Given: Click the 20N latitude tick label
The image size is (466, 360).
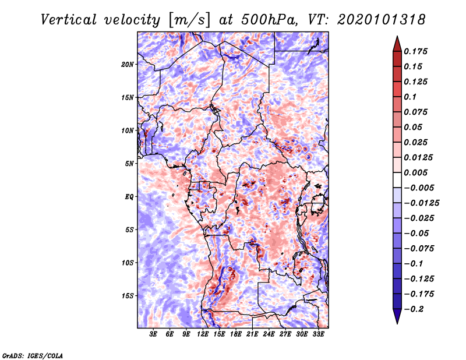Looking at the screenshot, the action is (128, 65).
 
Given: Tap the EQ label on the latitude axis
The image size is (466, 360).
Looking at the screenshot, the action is (129, 196).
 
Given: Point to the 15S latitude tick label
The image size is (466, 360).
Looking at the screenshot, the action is (128, 296).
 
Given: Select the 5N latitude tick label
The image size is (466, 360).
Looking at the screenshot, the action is (129, 164).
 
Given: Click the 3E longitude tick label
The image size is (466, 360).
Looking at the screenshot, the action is (153, 334).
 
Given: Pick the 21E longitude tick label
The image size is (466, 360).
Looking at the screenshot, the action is (252, 334).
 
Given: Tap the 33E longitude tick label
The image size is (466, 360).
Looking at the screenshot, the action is (318, 334).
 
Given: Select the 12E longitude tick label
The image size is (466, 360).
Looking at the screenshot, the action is (203, 334).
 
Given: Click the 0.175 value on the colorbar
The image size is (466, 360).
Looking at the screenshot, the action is (415, 51).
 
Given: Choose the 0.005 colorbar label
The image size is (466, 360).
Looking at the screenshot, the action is (415, 172).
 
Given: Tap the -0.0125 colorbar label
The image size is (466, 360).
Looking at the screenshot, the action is (421, 203).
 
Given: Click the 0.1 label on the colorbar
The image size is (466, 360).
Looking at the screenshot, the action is (410, 97).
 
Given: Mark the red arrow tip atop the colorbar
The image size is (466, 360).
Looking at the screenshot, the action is (397, 37).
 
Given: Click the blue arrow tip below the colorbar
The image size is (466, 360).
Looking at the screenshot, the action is (397, 323).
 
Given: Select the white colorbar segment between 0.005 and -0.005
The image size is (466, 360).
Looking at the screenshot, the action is (397, 180).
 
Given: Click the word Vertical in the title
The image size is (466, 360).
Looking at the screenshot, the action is (69, 20).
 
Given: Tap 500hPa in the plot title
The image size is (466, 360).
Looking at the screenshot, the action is (269, 20).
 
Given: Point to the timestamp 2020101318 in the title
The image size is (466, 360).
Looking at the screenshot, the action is (382, 20).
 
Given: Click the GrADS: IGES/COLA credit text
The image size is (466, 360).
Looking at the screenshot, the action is (33, 355).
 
